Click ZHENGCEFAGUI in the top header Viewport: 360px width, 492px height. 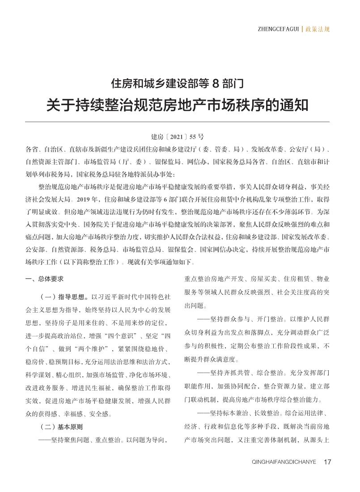click(277, 30)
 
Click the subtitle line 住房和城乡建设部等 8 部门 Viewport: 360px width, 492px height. click(177, 83)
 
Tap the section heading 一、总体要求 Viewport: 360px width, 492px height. click(45, 279)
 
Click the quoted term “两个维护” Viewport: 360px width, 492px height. click(95, 349)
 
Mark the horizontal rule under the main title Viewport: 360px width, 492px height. click(177, 122)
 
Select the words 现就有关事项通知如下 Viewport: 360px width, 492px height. click(153, 262)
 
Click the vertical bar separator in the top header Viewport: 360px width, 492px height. click(302, 30)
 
